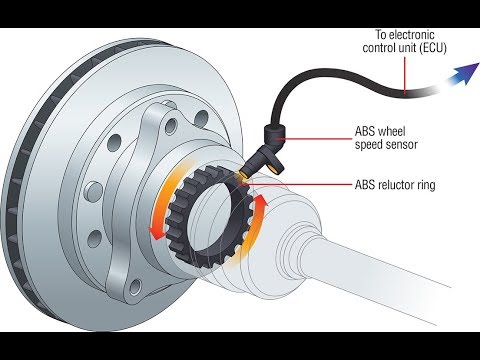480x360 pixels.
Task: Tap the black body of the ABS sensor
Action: click(272, 140)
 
